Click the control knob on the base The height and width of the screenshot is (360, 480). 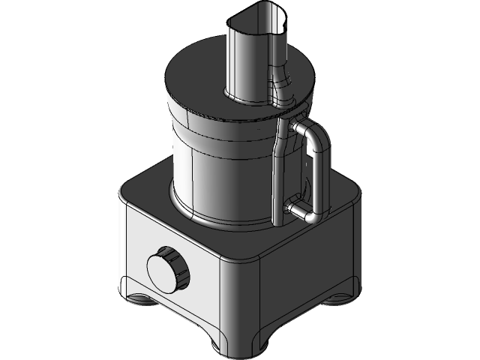click(166, 270)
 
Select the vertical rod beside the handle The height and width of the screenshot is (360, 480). click(278, 172)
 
